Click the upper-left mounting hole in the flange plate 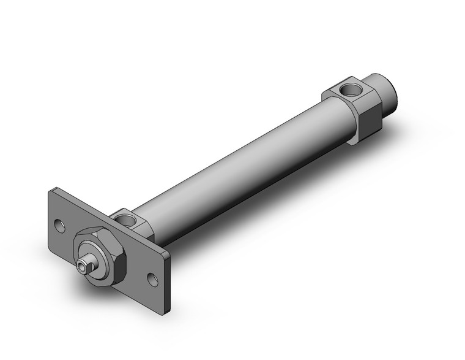click(x=59, y=224)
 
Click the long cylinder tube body click(x=245, y=159)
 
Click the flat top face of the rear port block click(x=346, y=92)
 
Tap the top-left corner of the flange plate click(x=51, y=192)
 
